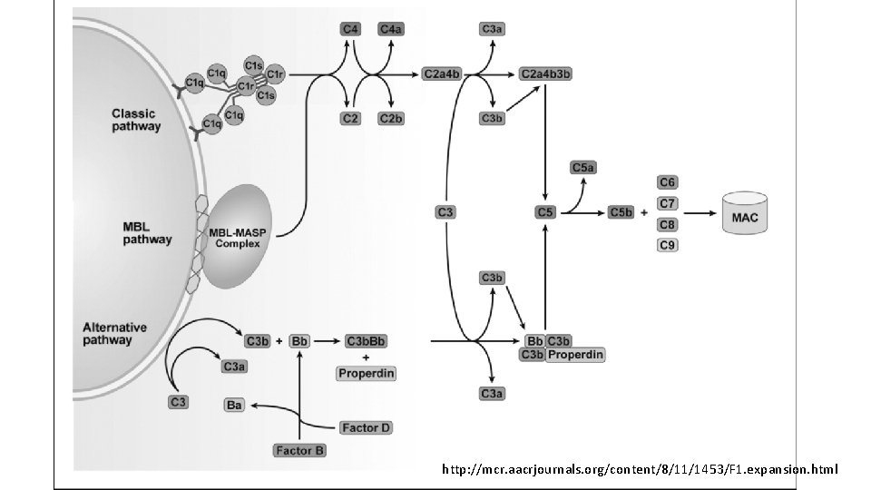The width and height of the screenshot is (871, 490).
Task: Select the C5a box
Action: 583,167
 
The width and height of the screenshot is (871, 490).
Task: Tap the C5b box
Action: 621,212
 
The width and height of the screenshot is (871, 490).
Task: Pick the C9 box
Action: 668,245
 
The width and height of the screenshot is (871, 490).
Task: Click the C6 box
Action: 668,182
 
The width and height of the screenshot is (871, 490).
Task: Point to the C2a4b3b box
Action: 545,73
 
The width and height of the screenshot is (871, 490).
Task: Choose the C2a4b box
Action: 442,73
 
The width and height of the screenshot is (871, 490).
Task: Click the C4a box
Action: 391,30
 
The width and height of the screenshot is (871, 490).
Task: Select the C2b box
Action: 391,119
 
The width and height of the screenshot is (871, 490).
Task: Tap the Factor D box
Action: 366,427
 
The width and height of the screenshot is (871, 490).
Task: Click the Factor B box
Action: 299,450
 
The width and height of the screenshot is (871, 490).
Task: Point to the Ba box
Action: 234,406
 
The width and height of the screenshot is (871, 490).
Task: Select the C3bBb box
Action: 366,341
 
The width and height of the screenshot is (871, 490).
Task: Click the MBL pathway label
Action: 147,232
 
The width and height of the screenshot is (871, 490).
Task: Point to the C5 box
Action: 544,212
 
